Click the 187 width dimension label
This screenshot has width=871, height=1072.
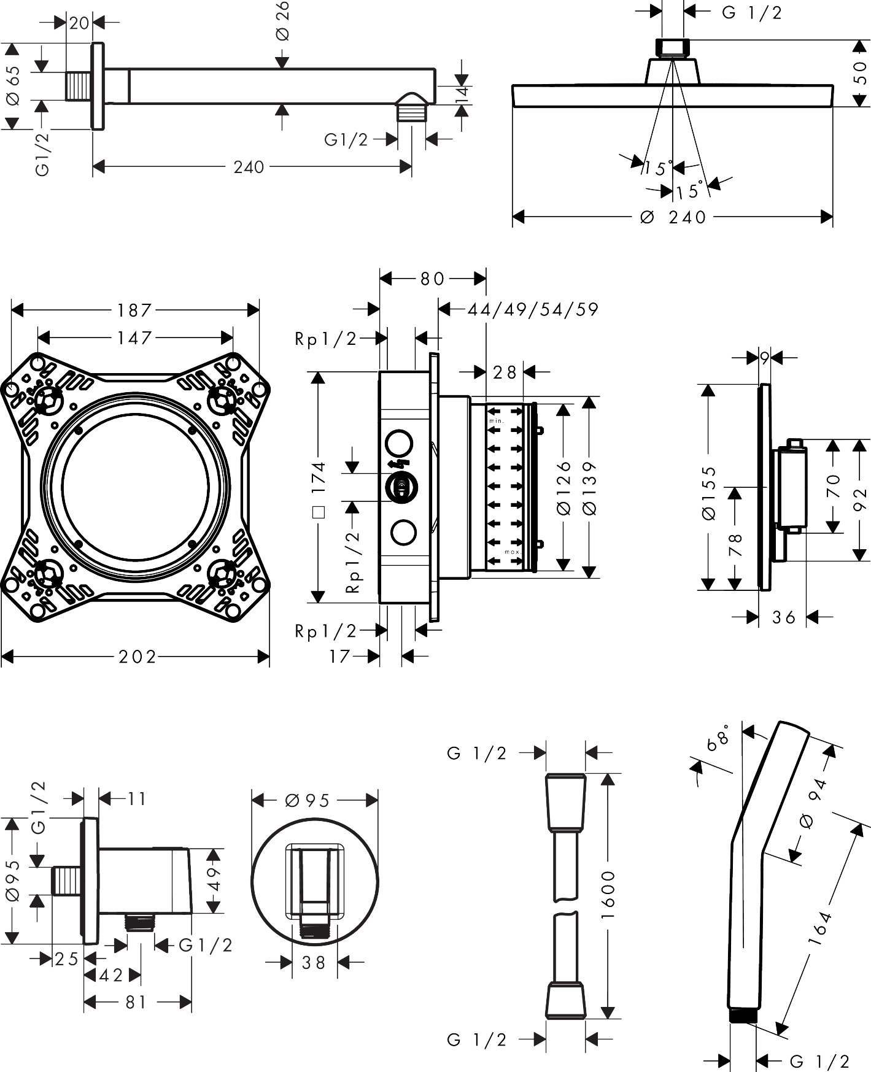coord(134,310)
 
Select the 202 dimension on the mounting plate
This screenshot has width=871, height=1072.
coord(137,657)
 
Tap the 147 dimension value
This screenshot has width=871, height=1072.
coord(134,337)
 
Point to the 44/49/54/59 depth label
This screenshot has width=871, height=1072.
coord(533,309)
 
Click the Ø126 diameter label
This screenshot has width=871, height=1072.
coord(564,488)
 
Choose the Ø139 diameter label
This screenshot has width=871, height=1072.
coord(589,488)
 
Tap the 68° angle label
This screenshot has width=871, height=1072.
coord(718,736)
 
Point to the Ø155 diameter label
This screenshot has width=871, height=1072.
coord(709,493)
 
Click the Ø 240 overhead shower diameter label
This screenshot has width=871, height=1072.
coord(673,217)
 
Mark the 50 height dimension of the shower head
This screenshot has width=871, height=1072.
coord(860,73)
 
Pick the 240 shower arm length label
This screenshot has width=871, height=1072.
coord(249,167)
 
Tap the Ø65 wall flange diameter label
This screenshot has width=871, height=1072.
coord(13,86)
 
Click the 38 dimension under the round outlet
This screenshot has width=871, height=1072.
coord(314,962)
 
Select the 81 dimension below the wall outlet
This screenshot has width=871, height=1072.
coord(136,1002)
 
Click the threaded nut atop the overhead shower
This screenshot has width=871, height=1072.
coord(673,48)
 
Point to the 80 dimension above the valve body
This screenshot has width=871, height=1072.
coord(432,279)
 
